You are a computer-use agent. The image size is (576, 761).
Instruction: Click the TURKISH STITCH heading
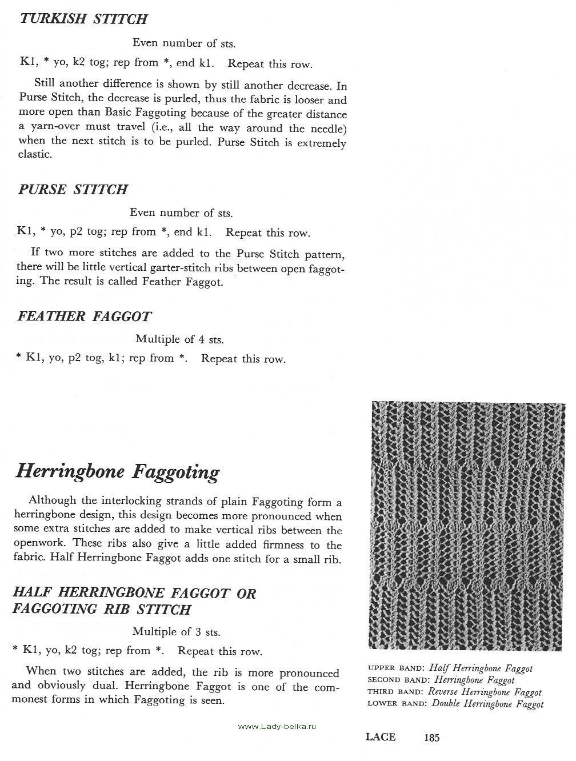[83, 19]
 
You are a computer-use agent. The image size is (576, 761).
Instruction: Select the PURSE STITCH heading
[73, 190]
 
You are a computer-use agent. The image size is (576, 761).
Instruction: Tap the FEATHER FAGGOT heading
[85, 316]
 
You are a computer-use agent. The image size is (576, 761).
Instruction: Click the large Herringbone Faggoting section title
[117, 472]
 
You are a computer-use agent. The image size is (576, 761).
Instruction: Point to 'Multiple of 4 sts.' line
[179, 339]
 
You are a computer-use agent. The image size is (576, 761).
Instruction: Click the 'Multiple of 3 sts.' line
[176, 632]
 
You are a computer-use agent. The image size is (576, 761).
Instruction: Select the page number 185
[431, 738]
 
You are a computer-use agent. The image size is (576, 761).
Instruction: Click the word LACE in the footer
[381, 737]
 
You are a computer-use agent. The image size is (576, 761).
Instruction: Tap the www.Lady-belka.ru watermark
[277, 726]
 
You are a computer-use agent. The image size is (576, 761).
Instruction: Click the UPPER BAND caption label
[395, 668]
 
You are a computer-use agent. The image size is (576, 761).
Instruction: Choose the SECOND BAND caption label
[398, 680]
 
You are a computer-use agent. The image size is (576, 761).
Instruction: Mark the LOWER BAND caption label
[397, 704]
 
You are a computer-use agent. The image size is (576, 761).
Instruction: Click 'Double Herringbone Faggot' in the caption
[487, 704]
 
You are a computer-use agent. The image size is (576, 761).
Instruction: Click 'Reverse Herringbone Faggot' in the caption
[485, 692]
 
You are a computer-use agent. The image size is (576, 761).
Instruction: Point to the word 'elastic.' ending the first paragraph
[35, 155]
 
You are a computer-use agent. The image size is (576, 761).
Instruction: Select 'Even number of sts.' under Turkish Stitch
[183, 43]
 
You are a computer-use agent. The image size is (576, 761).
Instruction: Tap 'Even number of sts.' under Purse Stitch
[181, 213]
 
